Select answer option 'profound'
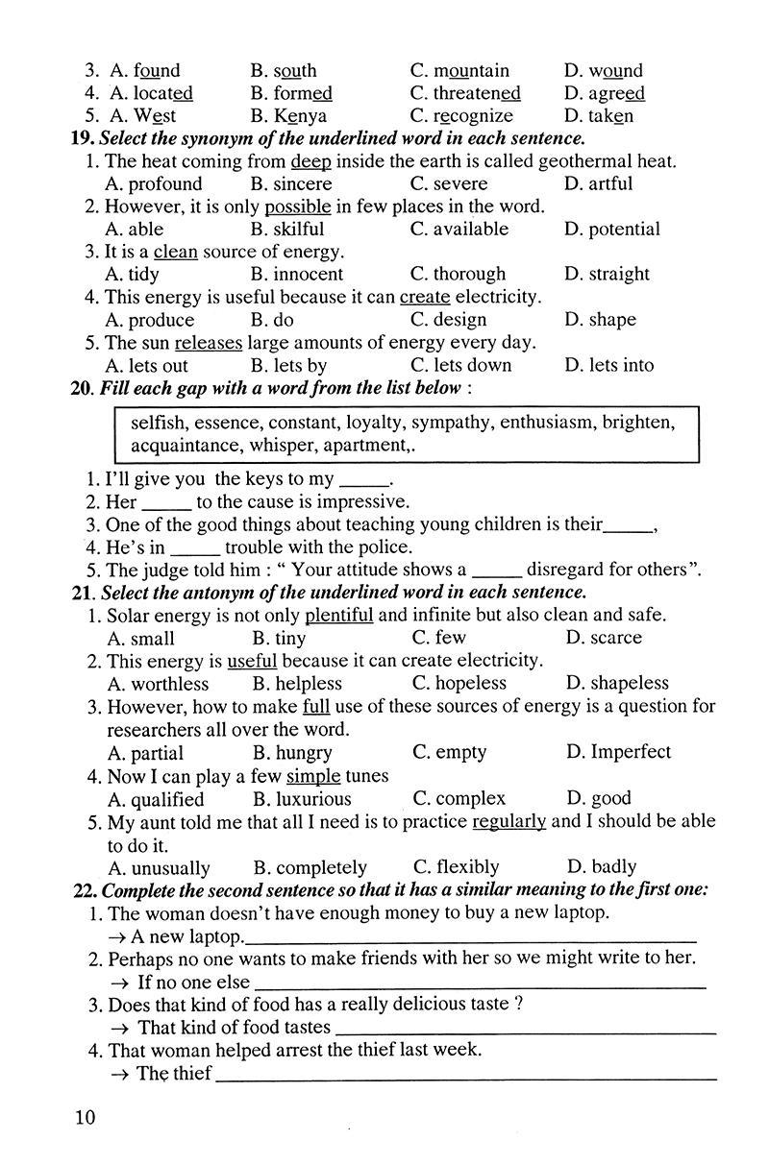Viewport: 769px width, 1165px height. point(164,183)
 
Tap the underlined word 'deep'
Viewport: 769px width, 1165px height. point(310,161)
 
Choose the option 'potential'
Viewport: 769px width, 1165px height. point(624,229)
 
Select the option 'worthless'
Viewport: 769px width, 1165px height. point(169,684)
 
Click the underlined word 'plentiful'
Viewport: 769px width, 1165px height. point(338,615)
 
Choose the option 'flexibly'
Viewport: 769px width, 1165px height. point(467,866)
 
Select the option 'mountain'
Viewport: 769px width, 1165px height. point(471,70)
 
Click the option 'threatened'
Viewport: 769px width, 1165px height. point(477,93)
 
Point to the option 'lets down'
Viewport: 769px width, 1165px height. point(472,365)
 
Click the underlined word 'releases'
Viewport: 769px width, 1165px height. point(209,342)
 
